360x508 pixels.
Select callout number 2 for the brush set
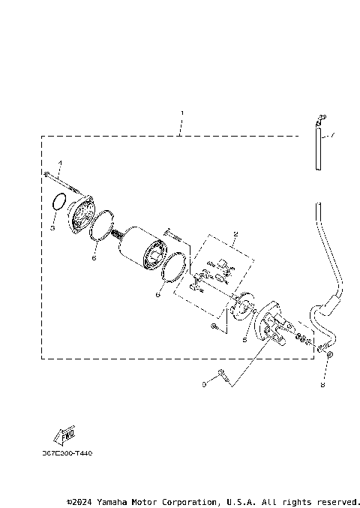pos(235,234)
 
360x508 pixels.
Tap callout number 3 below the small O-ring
pos(53,227)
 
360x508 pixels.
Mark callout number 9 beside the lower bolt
pos(203,384)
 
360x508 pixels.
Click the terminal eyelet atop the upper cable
pos(320,118)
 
